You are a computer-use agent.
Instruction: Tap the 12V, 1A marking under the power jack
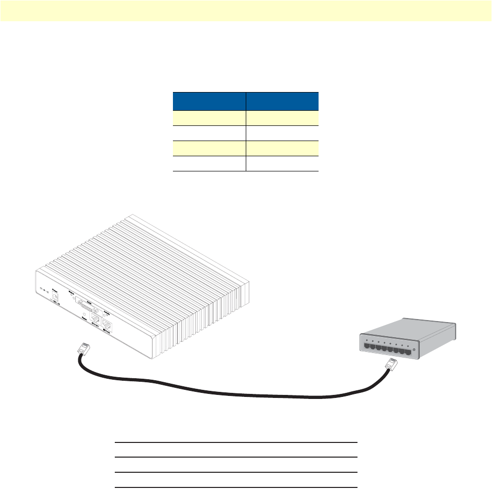(57, 303)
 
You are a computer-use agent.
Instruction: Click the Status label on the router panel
(71, 293)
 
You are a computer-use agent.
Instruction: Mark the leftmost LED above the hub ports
(367, 342)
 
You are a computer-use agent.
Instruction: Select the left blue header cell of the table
(209, 101)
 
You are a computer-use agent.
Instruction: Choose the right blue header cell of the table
(282, 101)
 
